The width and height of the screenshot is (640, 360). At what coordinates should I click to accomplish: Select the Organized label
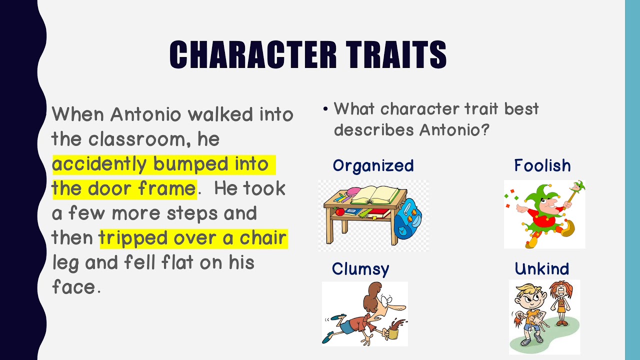pyautogui.click(x=373, y=166)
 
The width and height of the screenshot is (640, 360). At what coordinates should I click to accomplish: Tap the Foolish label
pyautogui.click(x=542, y=166)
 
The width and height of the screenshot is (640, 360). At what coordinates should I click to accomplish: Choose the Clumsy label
pyautogui.click(x=360, y=269)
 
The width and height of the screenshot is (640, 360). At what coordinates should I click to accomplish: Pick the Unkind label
pyautogui.click(x=541, y=269)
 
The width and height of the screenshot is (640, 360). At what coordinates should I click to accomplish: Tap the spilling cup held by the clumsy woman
pyautogui.click(x=393, y=330)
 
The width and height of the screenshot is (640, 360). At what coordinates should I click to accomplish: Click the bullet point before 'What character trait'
pyautogui.click(x=325, y=109)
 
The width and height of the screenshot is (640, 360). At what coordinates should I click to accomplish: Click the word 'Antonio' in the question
pyautogui.click(x=448, y=130)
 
